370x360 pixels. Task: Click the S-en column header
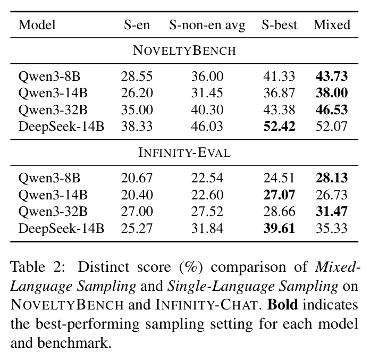click(137, 25)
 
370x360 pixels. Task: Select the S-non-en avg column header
click(207, 26)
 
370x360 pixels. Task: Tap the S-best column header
click(279, 25)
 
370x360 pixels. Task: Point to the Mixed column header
click(332, 25)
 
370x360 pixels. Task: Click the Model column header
click(37, 25)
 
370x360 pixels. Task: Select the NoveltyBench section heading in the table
click(184, 51)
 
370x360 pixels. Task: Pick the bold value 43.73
click(332, 76)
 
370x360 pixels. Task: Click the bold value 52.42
click(279, 127)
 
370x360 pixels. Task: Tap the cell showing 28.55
click(137, 76)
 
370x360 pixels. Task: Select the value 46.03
click(207, 127)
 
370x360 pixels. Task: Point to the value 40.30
click(207, 110)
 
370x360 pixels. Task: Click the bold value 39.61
click(279, 228)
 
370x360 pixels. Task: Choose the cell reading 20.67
click(137, 178)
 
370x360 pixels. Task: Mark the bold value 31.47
click(332, 211)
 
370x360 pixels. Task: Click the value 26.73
click(332, 195)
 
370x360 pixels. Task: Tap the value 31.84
click(207, 228)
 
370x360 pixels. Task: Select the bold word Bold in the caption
click(282, 305)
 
